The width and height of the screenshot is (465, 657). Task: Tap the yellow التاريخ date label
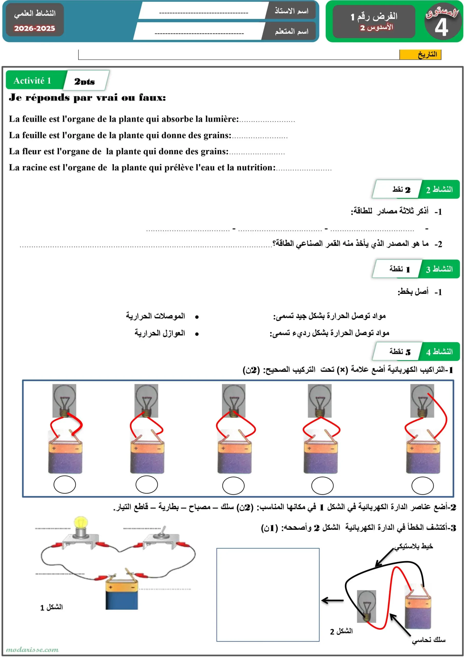tap(420, 54)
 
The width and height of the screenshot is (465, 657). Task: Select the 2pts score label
tap(84, 82)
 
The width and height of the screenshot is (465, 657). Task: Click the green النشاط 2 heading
tap(439, 189)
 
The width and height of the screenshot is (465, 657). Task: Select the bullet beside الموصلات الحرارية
tap(197, 317)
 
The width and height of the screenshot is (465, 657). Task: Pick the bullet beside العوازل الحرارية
tap(197, 334)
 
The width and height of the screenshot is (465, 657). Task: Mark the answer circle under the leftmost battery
tap(65, 484)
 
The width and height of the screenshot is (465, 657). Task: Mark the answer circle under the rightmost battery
tap(422, 486)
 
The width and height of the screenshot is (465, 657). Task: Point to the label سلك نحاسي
tap(428, 640)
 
